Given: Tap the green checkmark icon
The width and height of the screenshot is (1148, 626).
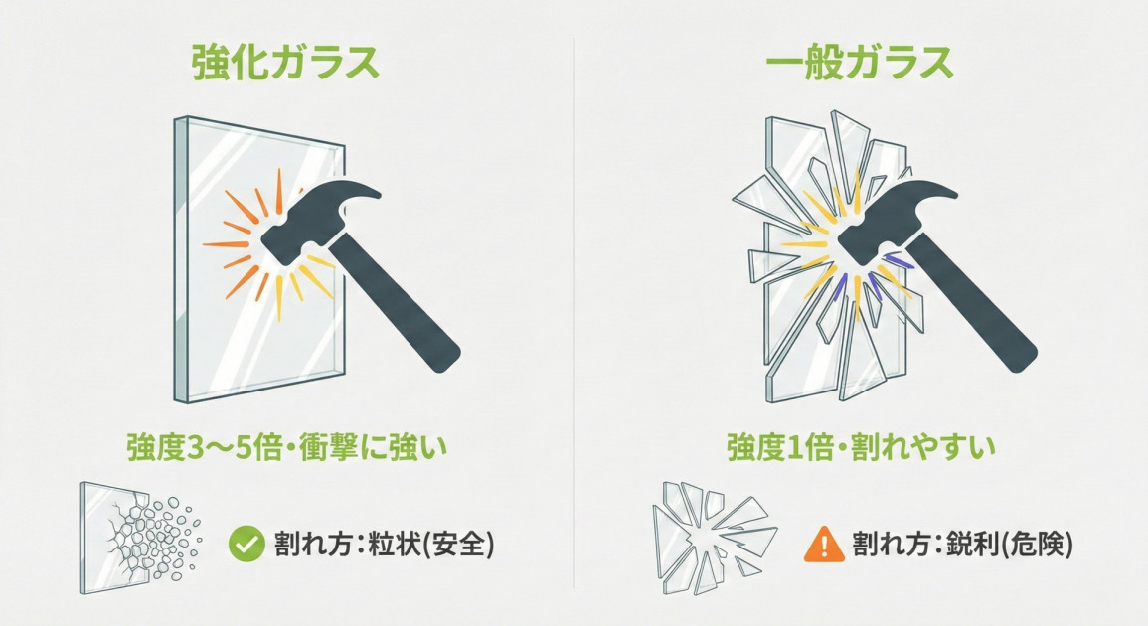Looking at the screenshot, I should tap(246, 545).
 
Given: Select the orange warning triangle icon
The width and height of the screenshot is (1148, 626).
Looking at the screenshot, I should tap(822, 545).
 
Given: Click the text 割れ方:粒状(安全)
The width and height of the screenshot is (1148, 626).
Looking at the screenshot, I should tap(384, 545).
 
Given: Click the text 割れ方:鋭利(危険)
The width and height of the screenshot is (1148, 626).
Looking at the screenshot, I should tap(962, 545).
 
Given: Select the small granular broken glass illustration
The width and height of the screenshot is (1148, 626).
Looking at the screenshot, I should tap(139, 537).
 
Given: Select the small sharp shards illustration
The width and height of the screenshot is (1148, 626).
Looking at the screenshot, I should tap(711, 537).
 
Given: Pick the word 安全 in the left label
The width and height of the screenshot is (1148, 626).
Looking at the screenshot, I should tap(454, 545).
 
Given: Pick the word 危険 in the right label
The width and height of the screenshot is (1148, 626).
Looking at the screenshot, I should tap(1034, 545).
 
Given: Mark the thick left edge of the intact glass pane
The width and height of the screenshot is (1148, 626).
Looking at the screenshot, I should tap(181, 258).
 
